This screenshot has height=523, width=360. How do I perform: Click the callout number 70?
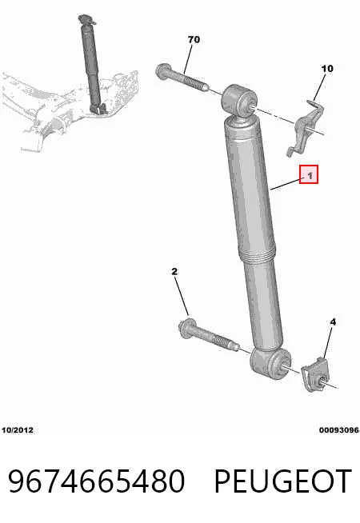[194, 40]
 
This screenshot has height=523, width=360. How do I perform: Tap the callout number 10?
[327, 69]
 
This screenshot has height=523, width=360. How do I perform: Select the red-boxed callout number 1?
[309, 174]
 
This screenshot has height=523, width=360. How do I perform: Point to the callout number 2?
[174, 272]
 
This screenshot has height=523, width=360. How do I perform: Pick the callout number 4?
[333, 321]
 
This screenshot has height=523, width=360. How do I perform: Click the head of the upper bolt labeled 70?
[162, 71]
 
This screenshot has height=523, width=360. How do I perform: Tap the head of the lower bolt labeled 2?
[185, 328]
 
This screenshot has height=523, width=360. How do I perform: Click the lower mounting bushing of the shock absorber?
[270, 364]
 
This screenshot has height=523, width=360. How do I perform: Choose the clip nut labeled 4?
[315, 374]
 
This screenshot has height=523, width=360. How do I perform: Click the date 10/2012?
[18, 430]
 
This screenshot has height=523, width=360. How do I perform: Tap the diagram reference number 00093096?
[339, 430]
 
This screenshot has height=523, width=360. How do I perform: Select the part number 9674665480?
[97, 481]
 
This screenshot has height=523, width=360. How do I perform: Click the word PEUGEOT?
[283, 481]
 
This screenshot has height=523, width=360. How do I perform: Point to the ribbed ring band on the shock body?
[257, 256]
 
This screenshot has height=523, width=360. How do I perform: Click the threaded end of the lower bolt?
[227, 343]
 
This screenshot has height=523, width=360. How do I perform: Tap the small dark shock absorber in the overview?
[91, 63]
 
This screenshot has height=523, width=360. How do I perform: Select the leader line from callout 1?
[286, 185]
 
